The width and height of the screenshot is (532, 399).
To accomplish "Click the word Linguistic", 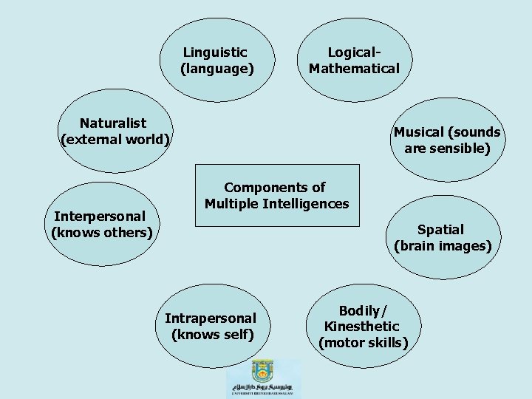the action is [215, 52].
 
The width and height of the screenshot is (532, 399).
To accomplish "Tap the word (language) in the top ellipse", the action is [216, 69].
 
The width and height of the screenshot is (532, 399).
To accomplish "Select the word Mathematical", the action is [354, 69].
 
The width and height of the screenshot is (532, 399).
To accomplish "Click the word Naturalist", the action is [113, 123].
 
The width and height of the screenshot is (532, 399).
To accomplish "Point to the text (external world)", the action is [115, 139].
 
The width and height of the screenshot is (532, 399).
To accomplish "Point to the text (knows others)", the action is [101, 233].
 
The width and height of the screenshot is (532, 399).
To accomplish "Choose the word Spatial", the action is [440, 230].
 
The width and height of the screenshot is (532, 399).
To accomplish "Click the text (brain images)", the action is [443, 246].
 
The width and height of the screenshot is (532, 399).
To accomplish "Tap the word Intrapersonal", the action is [211, 318].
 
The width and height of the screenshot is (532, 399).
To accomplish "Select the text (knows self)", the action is [212, 334].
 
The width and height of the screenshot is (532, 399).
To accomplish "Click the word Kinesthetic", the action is [362, 326].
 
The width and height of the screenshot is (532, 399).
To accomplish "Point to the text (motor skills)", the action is [363, 342].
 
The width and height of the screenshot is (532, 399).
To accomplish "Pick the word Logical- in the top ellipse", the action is [354, 52].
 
